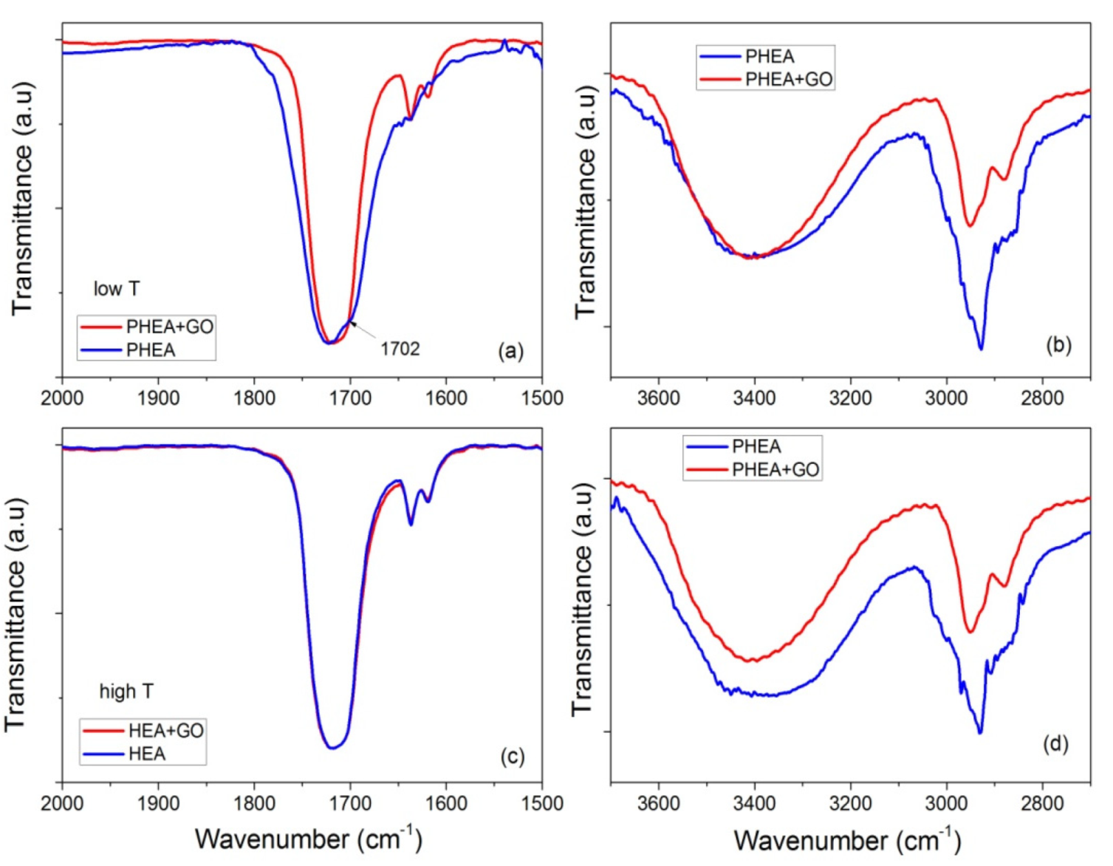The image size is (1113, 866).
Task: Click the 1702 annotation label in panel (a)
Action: (400, 349)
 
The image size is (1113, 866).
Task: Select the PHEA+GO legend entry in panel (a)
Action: (169, 327)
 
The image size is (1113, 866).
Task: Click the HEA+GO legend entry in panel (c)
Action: (165, 731)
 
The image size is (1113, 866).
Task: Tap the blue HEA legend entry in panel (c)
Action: (146, 754)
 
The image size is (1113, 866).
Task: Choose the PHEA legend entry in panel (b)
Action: (769, 57)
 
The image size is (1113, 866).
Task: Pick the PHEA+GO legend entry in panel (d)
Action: (775, 470)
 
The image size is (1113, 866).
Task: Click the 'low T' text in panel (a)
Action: (116, 289)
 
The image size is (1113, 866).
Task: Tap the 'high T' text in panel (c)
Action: (126, 692)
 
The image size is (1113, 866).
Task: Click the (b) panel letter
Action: (1058, 345)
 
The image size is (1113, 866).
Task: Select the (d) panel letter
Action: (1055, 744)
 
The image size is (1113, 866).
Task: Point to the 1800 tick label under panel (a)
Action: (254, 398)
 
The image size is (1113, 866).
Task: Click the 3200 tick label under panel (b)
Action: (850, 398)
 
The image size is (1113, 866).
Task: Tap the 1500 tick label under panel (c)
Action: (541, 803)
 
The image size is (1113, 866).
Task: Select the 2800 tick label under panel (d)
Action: (1042, 803)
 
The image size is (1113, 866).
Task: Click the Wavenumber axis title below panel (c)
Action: (308, 839)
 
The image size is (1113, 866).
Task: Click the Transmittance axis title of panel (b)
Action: (585, 202)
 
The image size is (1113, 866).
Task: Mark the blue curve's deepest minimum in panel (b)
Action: (981, 349)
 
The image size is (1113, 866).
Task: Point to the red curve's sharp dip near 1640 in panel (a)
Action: (409, 117)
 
